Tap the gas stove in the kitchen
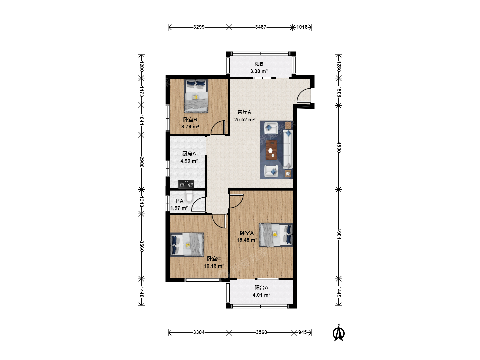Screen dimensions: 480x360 (x=186, y=184)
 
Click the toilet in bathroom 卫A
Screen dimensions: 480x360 (x=189, y=196)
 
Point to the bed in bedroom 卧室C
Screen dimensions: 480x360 (x=187, y=244)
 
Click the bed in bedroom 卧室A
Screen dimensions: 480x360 (x=276, y=235)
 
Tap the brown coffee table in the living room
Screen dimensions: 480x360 (x=271, y=150)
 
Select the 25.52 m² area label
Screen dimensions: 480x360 (x=244, y=120)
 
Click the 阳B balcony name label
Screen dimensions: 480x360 (x=259, y=64)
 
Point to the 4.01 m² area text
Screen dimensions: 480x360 (x=261, y=295)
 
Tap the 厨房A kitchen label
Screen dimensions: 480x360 (x=189, y=154)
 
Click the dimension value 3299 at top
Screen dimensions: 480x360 (x=199, y=27)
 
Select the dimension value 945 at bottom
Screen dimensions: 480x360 (x=302, y=332)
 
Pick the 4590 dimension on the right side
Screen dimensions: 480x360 (x=339, y=148)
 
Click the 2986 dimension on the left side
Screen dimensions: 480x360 (x=141, y=162)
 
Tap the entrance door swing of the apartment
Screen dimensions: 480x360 (x=304, y=95)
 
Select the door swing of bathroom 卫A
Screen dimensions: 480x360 (x=199, y=204)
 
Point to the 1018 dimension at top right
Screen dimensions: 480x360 (x=302, y=27)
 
